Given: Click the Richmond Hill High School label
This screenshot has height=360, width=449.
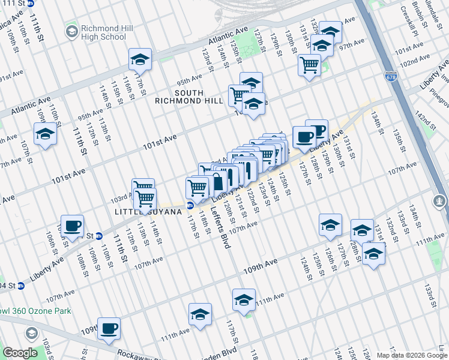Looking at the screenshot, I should point(104,32).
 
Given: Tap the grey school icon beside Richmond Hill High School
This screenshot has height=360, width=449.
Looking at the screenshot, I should point(71,31).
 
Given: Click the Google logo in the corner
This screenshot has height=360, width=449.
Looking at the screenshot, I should point(20,353).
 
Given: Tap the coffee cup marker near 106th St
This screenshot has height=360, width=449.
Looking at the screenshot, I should point(73,226).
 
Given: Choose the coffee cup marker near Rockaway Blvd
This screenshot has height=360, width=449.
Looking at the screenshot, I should point(109,328).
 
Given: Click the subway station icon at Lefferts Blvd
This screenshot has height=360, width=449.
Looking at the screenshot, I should point(190,205).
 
